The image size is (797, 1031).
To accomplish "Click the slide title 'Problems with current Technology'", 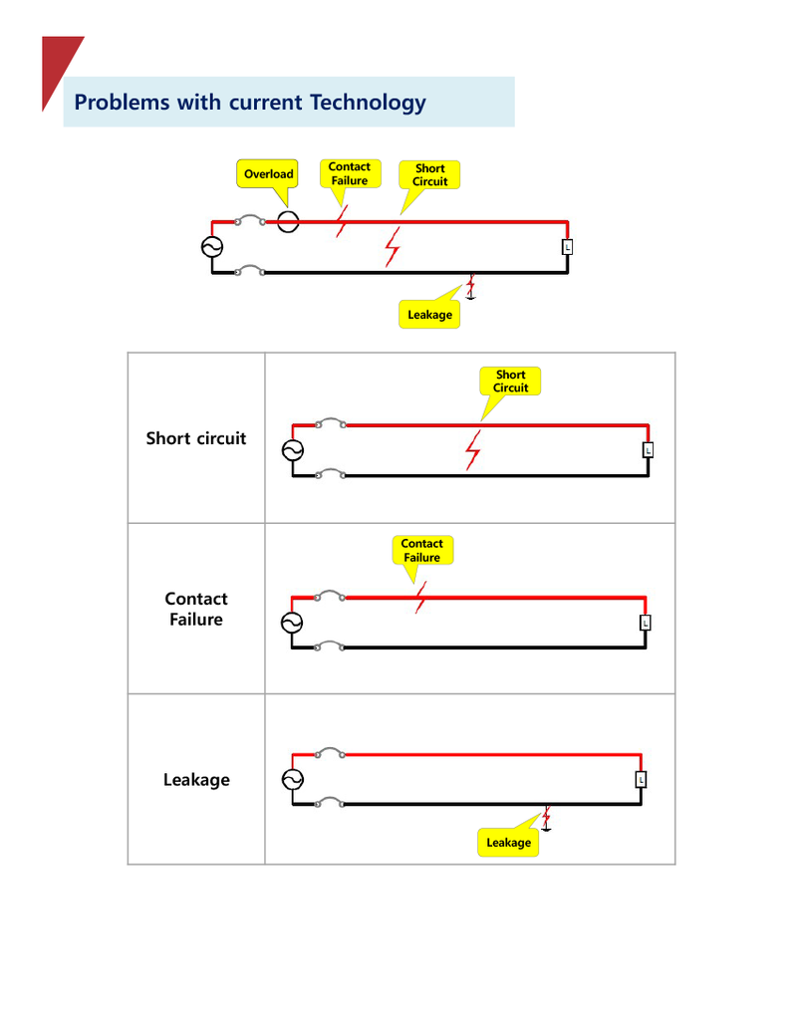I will coord(250,102).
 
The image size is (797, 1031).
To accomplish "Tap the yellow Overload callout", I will coord(268,173).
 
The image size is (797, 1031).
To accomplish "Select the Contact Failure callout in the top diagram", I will coord(349,173).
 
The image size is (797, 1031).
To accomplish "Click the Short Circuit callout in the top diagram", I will coord(430,174).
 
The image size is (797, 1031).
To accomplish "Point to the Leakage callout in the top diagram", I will coord(429,315).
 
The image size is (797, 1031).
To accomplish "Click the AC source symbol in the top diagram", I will coord(212,247).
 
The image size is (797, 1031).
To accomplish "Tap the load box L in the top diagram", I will coord(567,246).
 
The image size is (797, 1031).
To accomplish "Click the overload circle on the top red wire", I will coord(287,221).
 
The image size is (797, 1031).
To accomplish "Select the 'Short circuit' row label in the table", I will coord(196,438).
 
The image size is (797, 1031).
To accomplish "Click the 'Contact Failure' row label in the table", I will coord(196,609).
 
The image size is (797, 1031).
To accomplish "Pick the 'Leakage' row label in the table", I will coord(196,780).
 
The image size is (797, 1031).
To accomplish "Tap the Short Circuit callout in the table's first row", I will coord(510,382).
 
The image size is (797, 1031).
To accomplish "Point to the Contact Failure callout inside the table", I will coord(421,550).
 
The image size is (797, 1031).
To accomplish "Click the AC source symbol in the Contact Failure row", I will coord(292,623).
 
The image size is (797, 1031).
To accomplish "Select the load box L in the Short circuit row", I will coord(648,450).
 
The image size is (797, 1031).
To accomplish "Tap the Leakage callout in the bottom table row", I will coord(508,843).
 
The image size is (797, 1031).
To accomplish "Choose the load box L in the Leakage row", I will coord(641,779).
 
